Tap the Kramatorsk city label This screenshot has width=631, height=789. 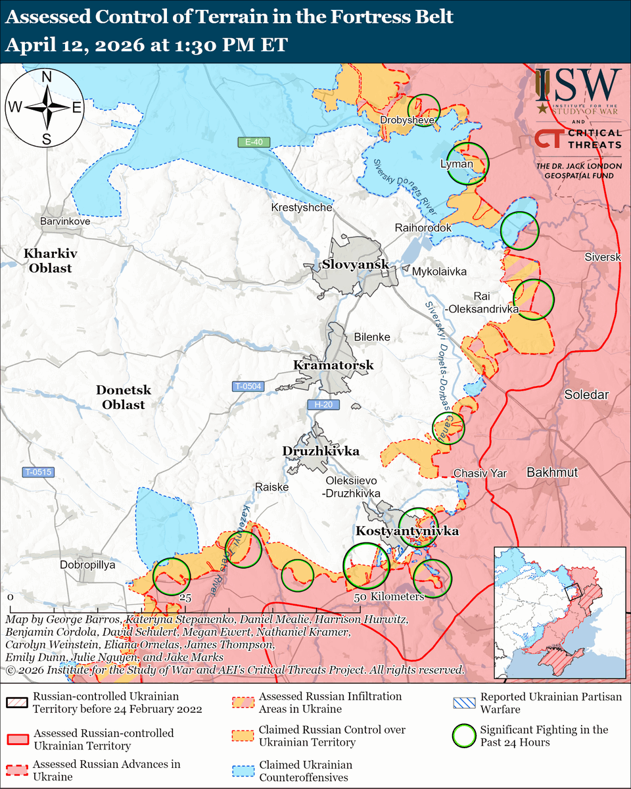(x=333, y=365)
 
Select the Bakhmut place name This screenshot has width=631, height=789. (x=551, y=472)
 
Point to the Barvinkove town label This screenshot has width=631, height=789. (x=64, y=222)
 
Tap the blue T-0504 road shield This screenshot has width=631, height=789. (x=247, y=387)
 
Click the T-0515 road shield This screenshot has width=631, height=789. (x=39, y=471)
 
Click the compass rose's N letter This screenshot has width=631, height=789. (x=47, y=76)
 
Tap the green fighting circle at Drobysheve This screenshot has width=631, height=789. (x=424, y=109)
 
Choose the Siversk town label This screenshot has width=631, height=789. (x=602, y=257)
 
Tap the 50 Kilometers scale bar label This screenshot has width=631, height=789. (x=389, y=597)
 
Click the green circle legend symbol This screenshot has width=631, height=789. (x=465, y=736)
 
